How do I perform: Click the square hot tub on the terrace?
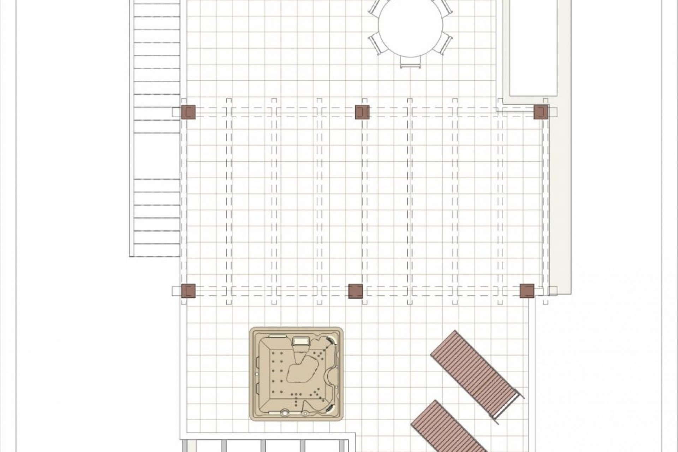[x=296, y=374]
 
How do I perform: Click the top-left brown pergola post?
[x=188, y=112]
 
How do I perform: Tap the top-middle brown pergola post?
[x=362, y=112]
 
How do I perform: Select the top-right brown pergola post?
[x=541, y=112]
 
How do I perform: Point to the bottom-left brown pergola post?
[x=188, y=291]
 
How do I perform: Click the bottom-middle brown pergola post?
[x=355, y=291]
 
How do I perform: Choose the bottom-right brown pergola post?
[x=527, y=291]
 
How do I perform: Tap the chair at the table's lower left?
[x=375, y=43]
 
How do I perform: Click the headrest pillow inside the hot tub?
[x=301, y=341]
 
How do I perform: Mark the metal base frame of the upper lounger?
[x=509, y=406]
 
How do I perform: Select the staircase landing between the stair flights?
[x=154, y=156]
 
